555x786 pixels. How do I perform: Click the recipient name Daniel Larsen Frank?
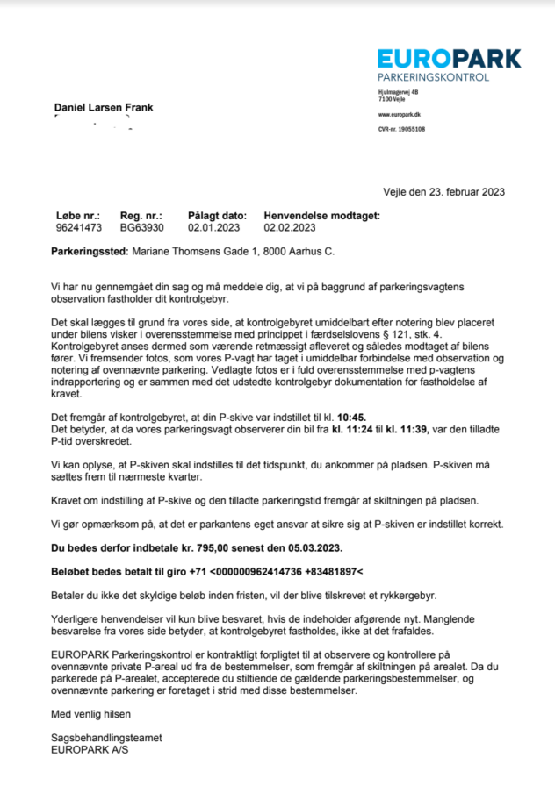click(x=104, y=108)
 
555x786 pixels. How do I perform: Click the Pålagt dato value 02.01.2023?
click(x=213, y=227)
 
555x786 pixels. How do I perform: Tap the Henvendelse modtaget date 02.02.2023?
click(x=289, y=227)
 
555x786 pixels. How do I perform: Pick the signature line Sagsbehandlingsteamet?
click(x=106, y=739)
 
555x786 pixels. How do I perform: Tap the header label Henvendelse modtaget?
click(x=321, y=215)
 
